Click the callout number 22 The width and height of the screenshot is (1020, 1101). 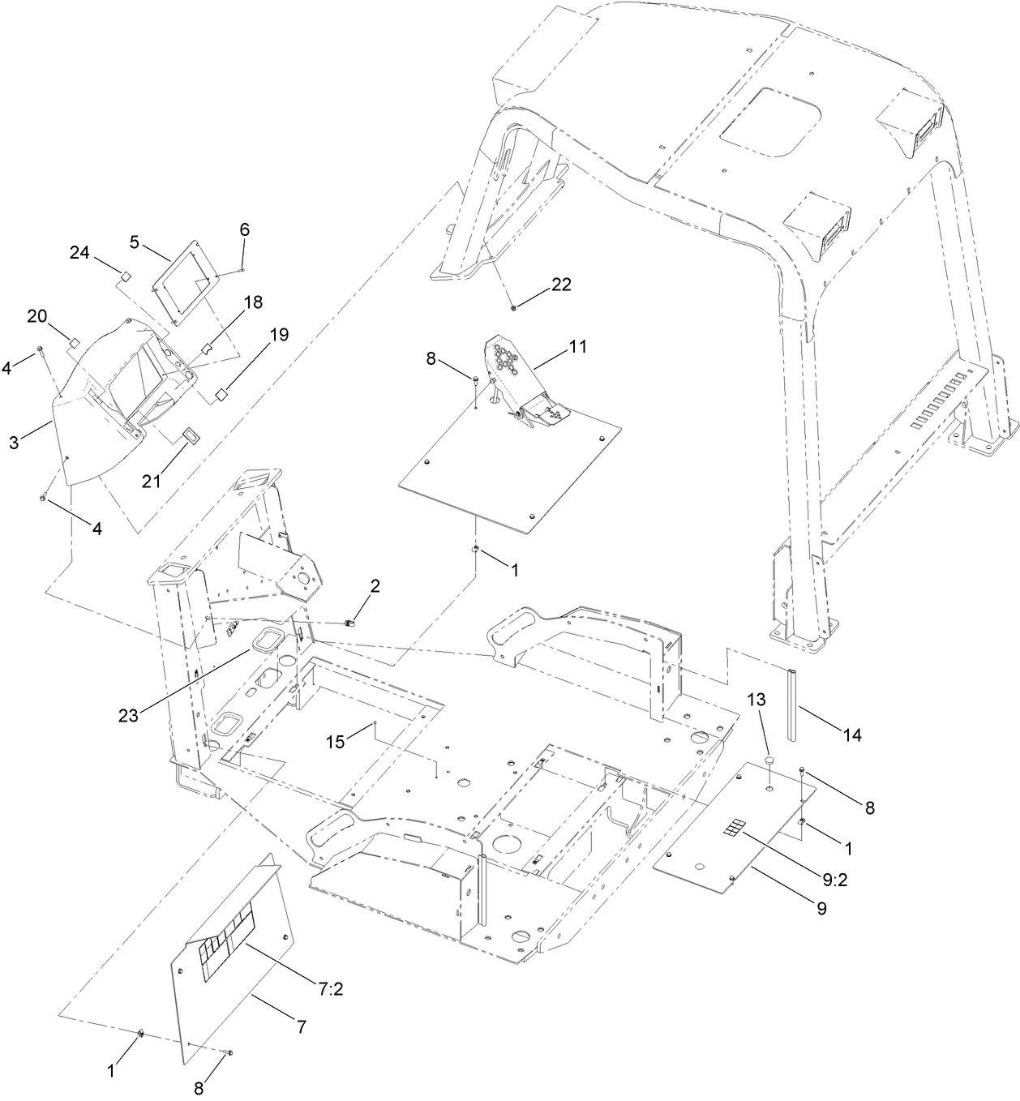coord(561,285)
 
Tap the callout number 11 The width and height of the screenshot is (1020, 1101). coord(577,346)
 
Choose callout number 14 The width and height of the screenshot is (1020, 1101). coord(851,735)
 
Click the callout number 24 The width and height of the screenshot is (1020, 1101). coord(79,252)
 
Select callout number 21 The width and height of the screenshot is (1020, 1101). coord(152,480)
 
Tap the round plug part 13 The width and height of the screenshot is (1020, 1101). coord(769,761)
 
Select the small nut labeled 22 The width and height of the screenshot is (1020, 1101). coord(514,307)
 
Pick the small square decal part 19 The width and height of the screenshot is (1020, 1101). coord(219,395)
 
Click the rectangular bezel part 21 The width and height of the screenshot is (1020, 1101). coord(190,436)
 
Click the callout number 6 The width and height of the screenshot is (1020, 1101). coord(244,230)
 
